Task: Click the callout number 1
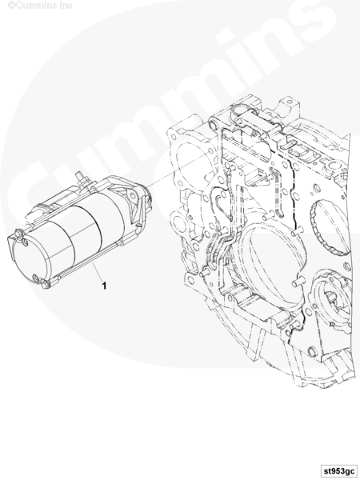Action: [104, 286]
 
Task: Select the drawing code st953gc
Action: [338, 470]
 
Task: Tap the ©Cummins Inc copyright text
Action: [40, 5]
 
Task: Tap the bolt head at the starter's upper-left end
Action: [19, 234]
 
